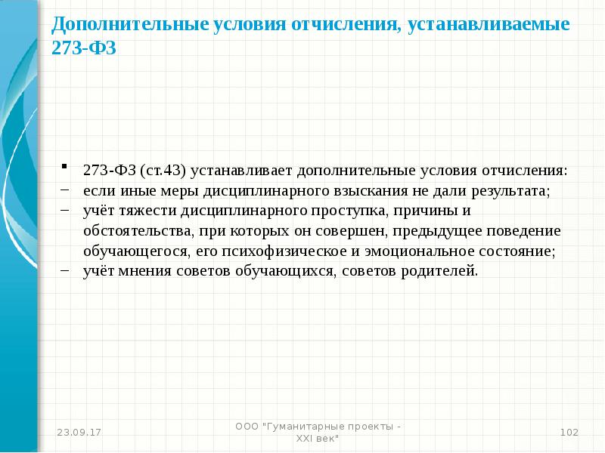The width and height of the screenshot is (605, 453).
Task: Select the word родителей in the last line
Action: point(441,271)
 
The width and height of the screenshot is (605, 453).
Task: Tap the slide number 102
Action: point(569,432)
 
